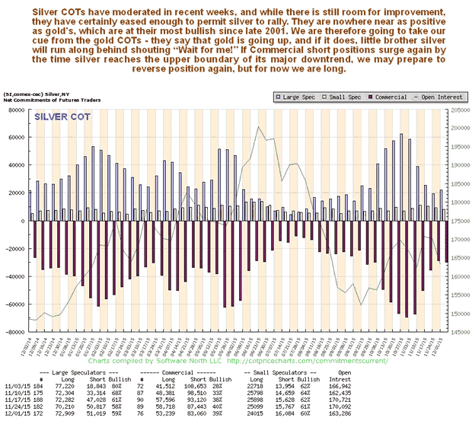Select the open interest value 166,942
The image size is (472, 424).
point(435,387)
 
